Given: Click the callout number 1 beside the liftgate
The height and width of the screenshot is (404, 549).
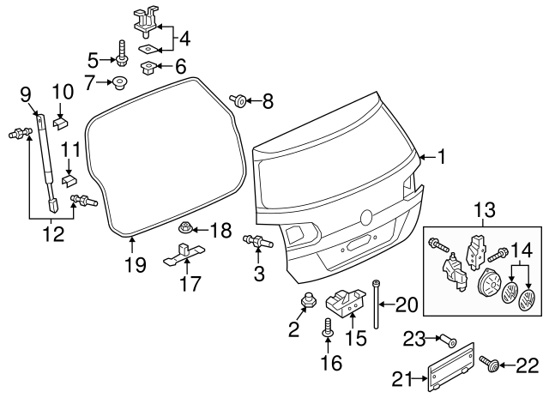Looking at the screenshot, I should [x=441, y=157].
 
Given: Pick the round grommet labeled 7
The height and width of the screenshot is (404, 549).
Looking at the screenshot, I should [x=120, y=83].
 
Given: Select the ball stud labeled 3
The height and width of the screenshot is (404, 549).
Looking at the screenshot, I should [x=256, y=242].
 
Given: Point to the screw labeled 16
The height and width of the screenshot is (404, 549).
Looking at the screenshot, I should [x=328, y=326].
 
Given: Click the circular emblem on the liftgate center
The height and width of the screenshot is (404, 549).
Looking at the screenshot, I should [x=367, y=218].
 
